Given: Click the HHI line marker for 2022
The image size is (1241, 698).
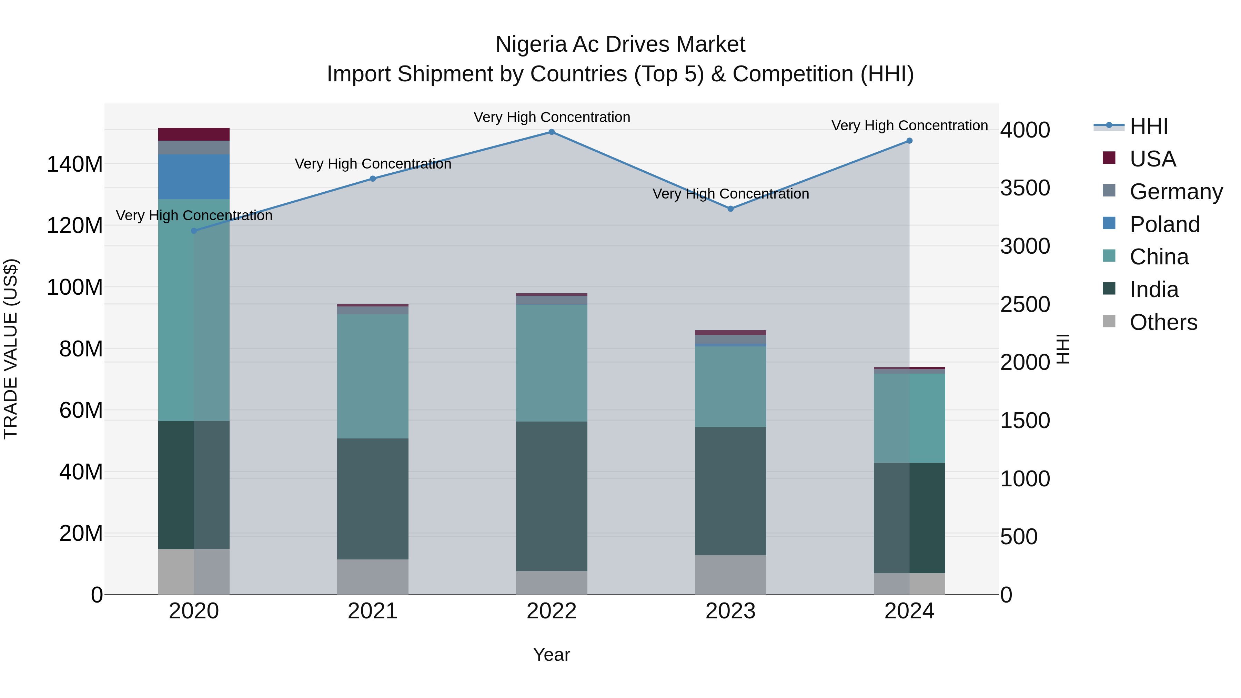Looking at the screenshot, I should point(552,132).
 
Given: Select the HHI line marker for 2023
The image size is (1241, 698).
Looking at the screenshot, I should point(730,209).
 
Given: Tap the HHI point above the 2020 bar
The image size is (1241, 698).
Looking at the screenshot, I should point(194,231).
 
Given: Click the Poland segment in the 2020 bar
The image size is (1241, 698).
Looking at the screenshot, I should point(194,177).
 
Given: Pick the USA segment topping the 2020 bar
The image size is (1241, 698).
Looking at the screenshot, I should point(194,134).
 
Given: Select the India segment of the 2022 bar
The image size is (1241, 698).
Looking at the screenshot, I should point(552,496).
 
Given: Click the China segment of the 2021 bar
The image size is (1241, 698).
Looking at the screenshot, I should point(372,376).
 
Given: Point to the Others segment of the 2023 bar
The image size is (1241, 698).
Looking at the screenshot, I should point(730,574).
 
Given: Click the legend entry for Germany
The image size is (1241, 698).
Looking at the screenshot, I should point(1176,192).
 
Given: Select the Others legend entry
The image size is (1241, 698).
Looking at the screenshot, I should point(1163,322).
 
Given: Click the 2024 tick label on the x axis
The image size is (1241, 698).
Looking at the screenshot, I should point(909,611).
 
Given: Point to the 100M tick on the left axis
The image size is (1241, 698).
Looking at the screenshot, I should point(75,287).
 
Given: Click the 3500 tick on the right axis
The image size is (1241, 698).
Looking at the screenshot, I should point(1025,188).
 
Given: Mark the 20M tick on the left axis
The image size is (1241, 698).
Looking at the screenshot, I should point(80,533).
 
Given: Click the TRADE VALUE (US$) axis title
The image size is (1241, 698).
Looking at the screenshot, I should point(11,349).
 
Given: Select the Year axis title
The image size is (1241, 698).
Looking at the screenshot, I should point(552,655).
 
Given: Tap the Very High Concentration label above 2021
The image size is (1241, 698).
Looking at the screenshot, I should point(372,164).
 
